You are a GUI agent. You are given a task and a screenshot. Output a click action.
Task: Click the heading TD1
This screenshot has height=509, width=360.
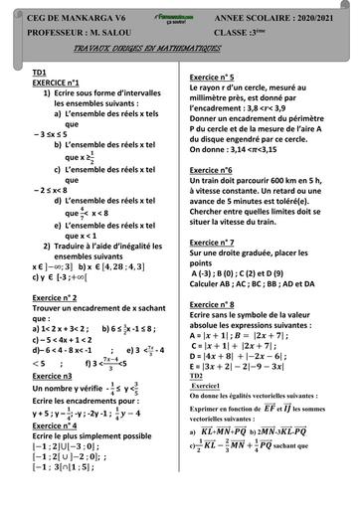pyautogui.click(x=40, y=74)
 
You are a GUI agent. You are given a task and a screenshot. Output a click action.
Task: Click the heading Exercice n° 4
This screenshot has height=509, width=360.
pyautogui.click(x=59, y=424)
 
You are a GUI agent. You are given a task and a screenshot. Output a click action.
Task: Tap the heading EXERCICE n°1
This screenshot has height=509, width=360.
pyautogui.click(x=56, y=84)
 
